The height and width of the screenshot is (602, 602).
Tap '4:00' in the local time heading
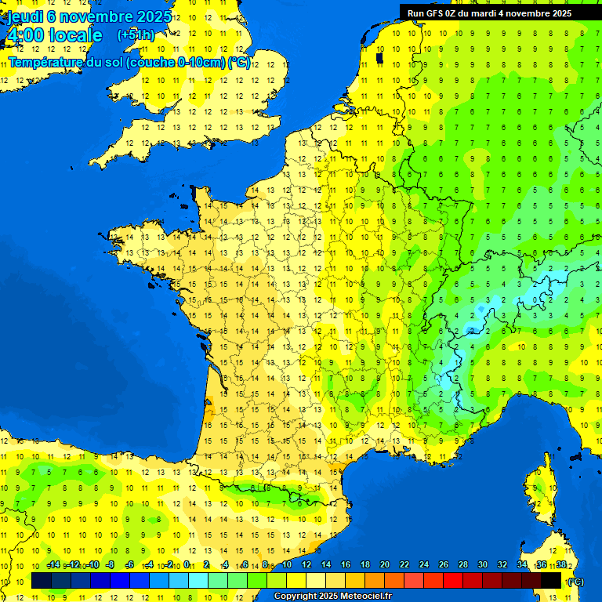pyautogui.click(x=26, y=35)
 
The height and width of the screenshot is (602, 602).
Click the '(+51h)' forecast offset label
pyautogui.click(x=136, y=35)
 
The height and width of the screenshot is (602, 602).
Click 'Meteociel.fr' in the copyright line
pyautogui.click(x=361, y=597)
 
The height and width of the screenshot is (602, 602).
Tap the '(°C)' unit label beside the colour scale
pyautogui.click(x=575, y=582)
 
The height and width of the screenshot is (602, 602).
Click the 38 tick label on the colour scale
pyautogui.click(x=562, y=565)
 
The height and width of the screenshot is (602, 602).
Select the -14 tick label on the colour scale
pyautogui.click(x=53, y=565)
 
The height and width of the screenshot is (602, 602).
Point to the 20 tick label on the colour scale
pyautogui.click(x=384, y=565)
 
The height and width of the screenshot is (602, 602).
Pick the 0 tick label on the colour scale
pyautogui.click(x=187, y=565)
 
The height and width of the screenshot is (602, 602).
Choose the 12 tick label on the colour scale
pyautogui.click(x=306, y=565)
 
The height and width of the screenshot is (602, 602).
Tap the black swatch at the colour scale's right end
pyautogui.click(x=551, y=581)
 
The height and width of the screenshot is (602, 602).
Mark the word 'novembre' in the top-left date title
pyautogui.click(x=96, y=16)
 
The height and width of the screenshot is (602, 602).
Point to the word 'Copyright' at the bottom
pyautogui.click(x=296, y=597)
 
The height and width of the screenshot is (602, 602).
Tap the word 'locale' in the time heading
pyautogui.click(x=75, y=35)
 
